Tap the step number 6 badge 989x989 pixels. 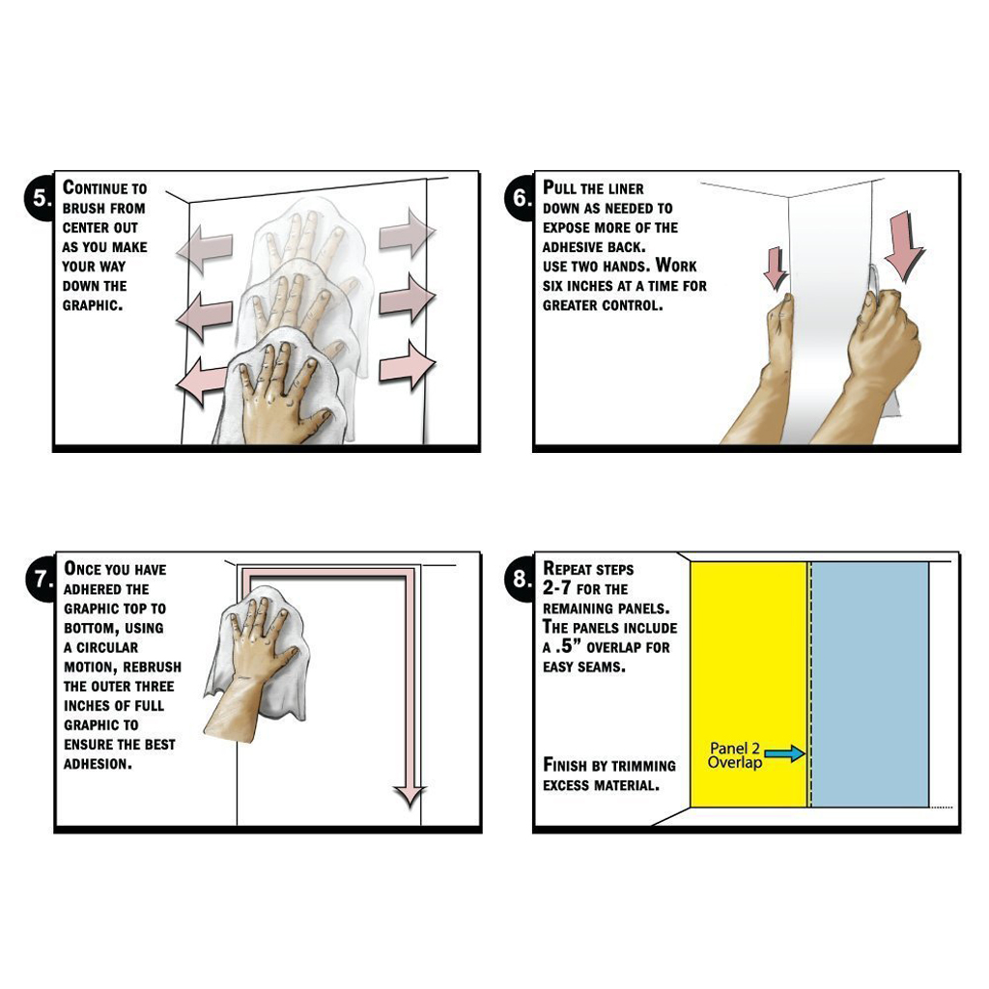(x=521, y=197)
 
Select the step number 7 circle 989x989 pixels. (x=42, y=579)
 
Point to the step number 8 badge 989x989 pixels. (x=521, y=579)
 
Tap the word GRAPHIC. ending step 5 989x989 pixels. (x=92, y=305)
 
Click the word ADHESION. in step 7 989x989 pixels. (x=98, y=764)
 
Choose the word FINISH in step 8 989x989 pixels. (x=565, y=765)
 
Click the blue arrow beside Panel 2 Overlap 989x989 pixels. (x=784, y=753)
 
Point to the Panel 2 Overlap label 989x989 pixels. (x=735, y=755)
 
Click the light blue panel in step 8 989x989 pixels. (x=870, y=685)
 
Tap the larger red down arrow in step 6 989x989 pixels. (x=904, y=246)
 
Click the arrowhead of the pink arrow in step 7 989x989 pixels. (x=410, y=796)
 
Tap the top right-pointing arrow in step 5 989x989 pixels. (x=408, y=232)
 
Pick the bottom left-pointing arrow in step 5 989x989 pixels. (x=202, y=381)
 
